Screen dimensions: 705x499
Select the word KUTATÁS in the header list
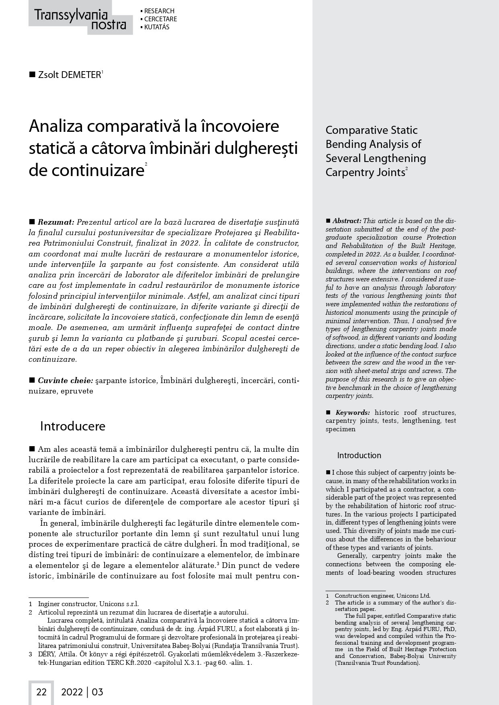click(156, 27)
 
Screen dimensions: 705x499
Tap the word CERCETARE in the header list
click(160, 19)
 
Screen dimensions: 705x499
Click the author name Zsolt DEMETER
click(69, 75)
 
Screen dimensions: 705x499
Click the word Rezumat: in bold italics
click(56, 222)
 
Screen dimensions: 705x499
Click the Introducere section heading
click(72, 426)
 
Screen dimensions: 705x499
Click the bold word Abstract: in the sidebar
click(347, 221)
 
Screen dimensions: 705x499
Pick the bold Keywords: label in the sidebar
click(353, 412)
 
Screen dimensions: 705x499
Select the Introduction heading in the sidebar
click(359, 455)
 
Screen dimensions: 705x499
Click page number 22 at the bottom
click(41, 692)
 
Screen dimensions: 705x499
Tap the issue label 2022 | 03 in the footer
click(82, 692)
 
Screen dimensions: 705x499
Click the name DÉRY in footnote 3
click(46, 654)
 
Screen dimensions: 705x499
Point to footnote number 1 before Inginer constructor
click(31, 604)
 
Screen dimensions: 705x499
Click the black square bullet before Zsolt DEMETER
click(32, 75)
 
